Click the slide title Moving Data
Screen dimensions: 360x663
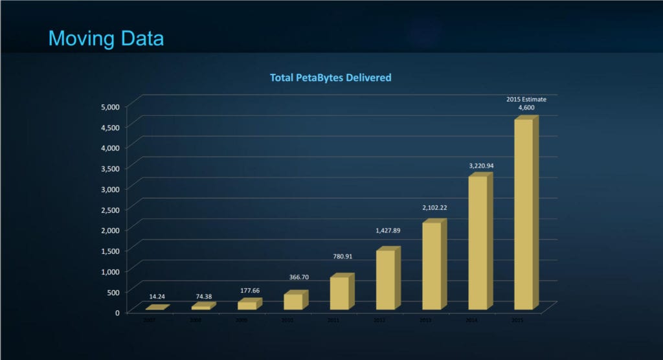pyautogui.click(x=106, y=38)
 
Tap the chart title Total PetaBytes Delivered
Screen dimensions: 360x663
pyautogui.click(x=330, y=78)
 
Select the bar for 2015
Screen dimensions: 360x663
pyautogui.click(x=524, y=214)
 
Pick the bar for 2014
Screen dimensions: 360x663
pyautogui.click(x=478, y=243)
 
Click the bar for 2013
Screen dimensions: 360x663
pyautogui.click(x=432, y=265)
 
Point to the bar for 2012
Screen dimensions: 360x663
pyautogui.click(x=385, y=280)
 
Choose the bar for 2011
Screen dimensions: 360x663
pyautogui.click(x=339, y=293)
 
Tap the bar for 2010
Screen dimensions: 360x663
pyautogui.click(x=293, y=301)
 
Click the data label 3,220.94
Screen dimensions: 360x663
pyautogui.click(x=482, y=166)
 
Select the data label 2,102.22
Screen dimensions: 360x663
pyautogui.click(x=435, y=208)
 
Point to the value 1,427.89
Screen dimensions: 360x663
pyautogui.click(x=389, y=231)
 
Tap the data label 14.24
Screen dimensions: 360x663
pyautogui.click(x=157, y=297)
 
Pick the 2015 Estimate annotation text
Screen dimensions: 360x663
pyautogui.click(x=526, y=100)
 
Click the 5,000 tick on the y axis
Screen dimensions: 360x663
pyautogui.click(x=109, y=106)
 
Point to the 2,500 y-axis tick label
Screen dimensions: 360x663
pyautogui.click(x=109, y=209)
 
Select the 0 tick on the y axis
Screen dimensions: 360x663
pyautogui.click(x=117, y=313)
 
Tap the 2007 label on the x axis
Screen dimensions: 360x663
pyautogui.click(x=150, y=321)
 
